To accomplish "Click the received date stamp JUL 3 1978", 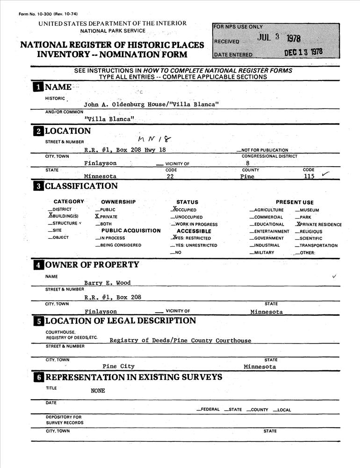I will tap(279, 38).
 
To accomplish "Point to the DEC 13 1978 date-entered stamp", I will tap(303, 52).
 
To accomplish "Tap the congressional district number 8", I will tap(247, 163).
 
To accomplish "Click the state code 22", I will tap(170, 176).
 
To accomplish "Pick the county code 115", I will tap(309, 176).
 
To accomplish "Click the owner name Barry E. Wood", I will tap(107, 283).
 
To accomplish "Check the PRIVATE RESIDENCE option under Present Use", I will tap(319, 224).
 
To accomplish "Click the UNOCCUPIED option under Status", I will tap(188, 217).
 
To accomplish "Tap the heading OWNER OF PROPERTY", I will tap(92, 265).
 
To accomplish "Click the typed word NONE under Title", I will tap(98, 390).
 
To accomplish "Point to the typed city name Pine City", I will tap(118, 366).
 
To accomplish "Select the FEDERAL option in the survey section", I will tap(209, 409).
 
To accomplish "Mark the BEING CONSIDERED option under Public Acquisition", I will tap(120, 245).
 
